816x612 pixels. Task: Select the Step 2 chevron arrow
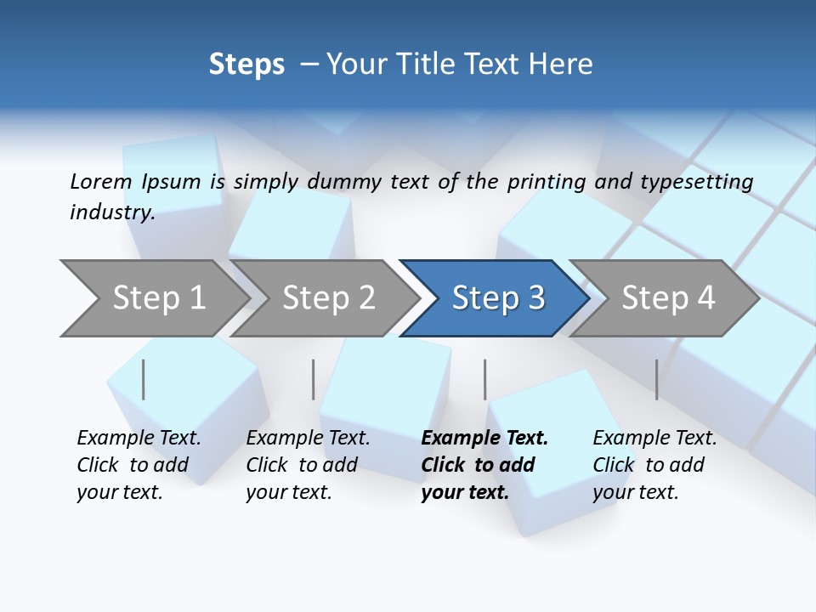327,298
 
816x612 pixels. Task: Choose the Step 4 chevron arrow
666,298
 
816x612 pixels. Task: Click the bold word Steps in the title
246,65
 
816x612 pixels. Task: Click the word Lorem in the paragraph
100,181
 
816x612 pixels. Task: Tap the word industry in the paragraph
111,212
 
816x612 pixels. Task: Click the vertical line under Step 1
144,379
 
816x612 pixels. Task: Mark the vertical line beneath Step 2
314,379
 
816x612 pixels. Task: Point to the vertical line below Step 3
485,379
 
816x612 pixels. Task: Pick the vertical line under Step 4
657,379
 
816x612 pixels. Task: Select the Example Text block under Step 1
139,465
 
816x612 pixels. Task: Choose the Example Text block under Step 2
308,465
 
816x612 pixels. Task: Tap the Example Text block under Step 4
654,465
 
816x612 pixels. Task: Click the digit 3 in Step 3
535,298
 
